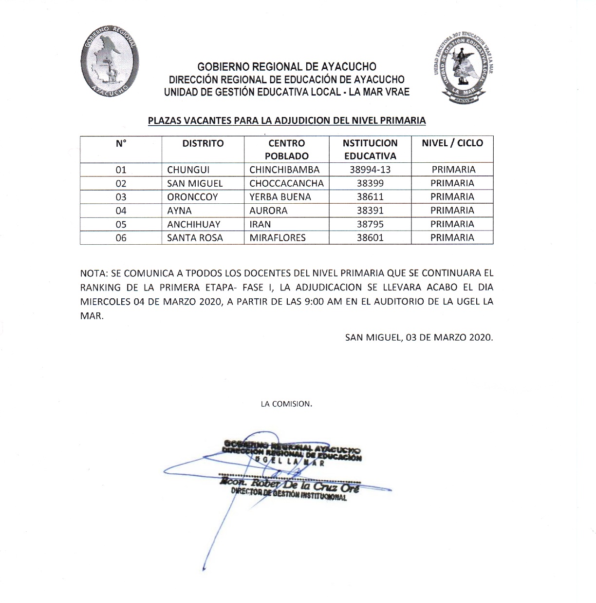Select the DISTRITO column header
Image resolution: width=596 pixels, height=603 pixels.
(x=203, y=143)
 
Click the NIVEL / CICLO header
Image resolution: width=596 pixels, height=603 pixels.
(x=452, y=143)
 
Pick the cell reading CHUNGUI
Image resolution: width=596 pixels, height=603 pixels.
(x=188, y=170)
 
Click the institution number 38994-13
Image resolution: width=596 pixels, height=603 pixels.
(x=370, y=170)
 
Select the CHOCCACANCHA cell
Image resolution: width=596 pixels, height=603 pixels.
(x=286, y=183)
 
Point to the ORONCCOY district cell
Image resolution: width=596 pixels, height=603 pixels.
(x=192, y=197)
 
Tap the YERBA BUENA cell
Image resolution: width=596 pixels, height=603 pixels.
(x=280, y=197)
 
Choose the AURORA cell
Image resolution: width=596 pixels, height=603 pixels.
(x=268, y=211)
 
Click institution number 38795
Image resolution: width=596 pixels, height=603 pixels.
(x=370, y=224)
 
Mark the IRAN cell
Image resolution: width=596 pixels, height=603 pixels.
(x=260, y=224)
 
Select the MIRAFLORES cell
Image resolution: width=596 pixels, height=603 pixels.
(x=278, y=238)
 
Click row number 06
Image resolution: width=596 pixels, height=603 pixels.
(x=121, y=238)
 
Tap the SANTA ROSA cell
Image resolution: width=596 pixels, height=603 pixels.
(x=195, y=238)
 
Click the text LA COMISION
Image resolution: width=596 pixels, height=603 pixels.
(x=286, y=404)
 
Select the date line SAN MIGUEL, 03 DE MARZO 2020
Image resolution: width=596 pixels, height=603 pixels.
(x=419, y=337)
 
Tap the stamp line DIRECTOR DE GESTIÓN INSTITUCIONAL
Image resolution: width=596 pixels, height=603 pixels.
(x=289, y=494)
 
